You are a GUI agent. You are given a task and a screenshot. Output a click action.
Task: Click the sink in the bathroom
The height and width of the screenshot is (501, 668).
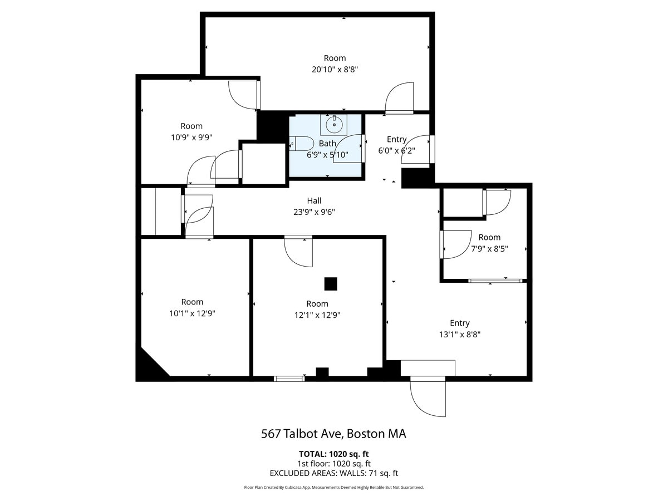point(334,124)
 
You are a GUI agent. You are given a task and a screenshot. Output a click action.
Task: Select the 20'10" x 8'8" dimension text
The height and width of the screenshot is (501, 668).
point(335,70)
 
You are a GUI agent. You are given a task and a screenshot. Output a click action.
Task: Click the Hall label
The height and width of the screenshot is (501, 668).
point(314,200)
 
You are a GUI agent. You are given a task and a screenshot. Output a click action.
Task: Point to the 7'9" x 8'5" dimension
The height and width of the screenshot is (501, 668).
point(489,249)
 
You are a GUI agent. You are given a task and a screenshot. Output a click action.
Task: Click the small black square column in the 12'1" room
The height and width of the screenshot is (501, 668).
point(331,284)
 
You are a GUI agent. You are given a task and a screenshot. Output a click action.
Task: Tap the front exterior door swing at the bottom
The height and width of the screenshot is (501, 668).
point(428,396)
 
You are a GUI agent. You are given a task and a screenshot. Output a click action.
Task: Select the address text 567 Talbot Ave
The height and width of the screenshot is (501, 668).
point(333,434)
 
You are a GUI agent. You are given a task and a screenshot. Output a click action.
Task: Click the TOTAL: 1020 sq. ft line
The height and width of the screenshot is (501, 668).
point(333,454)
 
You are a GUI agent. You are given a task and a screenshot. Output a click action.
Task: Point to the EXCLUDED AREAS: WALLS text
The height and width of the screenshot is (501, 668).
point(333,473)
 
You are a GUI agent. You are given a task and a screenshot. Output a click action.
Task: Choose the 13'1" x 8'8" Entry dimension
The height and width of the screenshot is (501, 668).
point(459,335)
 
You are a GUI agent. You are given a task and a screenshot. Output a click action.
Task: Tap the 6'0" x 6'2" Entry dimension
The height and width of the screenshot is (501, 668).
point(396,150)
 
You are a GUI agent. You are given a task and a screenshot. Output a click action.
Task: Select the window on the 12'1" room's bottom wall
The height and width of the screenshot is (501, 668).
point(289,379)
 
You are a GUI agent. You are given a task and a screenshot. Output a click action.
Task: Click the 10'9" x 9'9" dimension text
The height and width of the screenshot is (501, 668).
point(191,137)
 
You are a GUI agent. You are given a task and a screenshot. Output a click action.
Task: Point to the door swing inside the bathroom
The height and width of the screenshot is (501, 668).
point(348,149)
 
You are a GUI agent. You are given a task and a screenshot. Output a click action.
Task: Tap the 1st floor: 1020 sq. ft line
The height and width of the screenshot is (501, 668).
point(333,463)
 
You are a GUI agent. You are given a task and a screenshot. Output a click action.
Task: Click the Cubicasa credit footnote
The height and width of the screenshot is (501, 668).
point(333,487)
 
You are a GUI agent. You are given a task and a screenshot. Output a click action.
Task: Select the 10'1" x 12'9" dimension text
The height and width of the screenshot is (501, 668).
point(192,313)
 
